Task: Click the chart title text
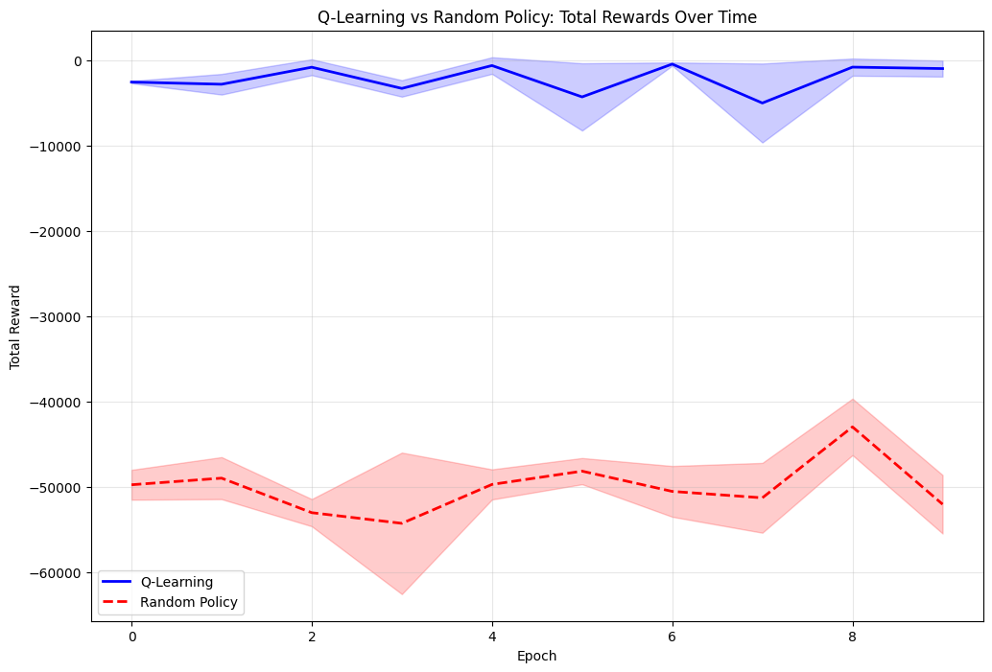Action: click(x=537, y=16)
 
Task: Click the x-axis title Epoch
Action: click(x=537, y=657)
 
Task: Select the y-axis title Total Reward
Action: click(x=15, y=327)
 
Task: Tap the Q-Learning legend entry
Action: click(x=177, y=582)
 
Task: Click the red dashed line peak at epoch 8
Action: click(x=852, y=427)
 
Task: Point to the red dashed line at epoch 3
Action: click(x=402, y=523)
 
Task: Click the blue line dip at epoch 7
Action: click(x=762, y=103)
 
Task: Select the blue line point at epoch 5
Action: click(x=582, y=97)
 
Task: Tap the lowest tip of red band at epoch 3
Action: click(x=402, y=594)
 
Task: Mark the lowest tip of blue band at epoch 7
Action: click(x=762, y=143)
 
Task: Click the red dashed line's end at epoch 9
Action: click(x=942, y=504)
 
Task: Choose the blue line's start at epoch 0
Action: click(x=132, y=82)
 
